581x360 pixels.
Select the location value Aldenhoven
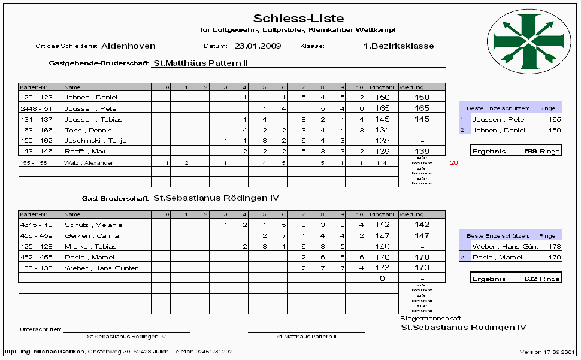[x=128, y=46]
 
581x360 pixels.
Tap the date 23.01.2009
[x=258, y=46]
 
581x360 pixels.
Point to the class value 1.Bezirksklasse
[x=398, y=46]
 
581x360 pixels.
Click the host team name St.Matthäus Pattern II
[x=201, y=62]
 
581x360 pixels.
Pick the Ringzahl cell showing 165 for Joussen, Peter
[x=382, y=108]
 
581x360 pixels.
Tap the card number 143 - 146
[x=37, y=152]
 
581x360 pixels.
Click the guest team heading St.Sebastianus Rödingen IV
[x=216, y=198]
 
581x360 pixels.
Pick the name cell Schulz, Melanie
[x=86, y=225]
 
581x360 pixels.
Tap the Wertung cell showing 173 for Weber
[x=422, y=268]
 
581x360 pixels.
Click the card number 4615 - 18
[x=37, y=225]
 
